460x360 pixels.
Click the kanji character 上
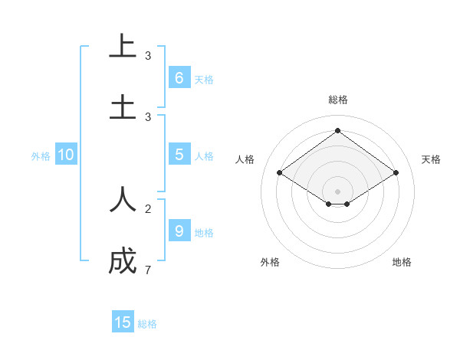[123, 46]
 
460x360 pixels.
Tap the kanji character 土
[123, 106]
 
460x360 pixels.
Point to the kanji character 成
[123, 260]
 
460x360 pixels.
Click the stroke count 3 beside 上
[148, 56]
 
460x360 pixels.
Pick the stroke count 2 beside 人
[148, 208]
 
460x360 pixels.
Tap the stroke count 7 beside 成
[148, 270]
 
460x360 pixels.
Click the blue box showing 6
[179, 77]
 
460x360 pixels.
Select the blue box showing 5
[179, 155]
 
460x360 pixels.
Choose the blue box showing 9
[179, 231]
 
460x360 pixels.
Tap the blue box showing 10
[66, 155]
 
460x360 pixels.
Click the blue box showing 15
[123, 322]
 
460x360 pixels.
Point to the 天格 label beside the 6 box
[204, 79]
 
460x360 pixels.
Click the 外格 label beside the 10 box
[41, 156]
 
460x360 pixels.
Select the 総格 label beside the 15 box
[147, 324]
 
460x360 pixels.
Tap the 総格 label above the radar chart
[338, 100]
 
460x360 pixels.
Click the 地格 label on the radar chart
[402, 262]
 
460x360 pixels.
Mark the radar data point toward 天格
[396, 173]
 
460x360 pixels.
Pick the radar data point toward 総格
[338, 131]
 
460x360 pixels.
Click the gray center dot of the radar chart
[338, 191]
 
